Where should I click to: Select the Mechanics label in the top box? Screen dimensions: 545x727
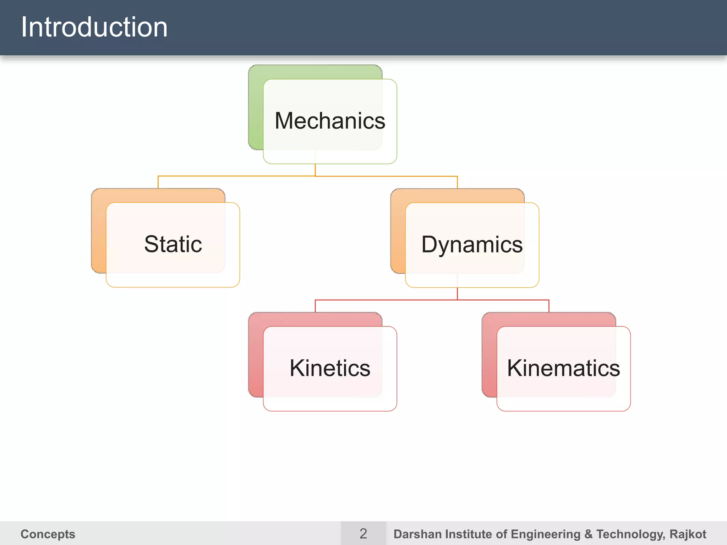[330, 121]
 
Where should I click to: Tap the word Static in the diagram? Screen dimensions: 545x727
[173, 244]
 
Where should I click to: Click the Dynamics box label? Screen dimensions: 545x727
[472, 244]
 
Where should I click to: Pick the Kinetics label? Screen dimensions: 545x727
[330, 368]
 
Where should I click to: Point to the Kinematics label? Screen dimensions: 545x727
[563, 368]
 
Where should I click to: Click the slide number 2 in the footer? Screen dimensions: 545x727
[363, 534]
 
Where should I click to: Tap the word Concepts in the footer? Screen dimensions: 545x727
[48, 534]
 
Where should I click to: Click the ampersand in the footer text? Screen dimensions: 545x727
[588, 534]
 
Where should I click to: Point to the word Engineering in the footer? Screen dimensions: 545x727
[546, 534]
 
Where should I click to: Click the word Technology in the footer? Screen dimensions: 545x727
[630, 534]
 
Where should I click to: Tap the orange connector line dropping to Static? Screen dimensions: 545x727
[158, 182]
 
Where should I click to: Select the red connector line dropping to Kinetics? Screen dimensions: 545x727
[315, 306]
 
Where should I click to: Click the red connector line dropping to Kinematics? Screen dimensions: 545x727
[549, 306]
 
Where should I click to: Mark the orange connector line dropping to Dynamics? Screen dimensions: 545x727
[457, 182]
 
